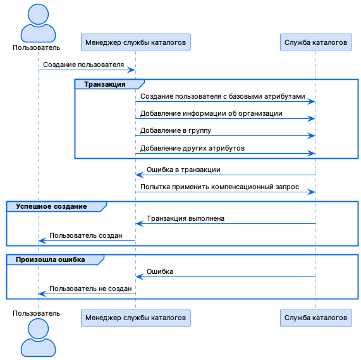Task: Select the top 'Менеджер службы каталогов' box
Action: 135,42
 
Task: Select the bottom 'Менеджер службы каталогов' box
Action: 135,317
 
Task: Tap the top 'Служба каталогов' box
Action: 315,42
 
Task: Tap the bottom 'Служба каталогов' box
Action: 315,317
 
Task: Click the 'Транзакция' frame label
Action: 105,84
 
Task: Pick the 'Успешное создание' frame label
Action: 51,206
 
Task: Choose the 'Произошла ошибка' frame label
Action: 50,259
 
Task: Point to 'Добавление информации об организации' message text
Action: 211,114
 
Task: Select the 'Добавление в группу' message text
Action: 176,131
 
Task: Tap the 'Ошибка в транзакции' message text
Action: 183,170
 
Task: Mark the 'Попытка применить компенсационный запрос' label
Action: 219,187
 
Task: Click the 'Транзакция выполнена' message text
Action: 185,218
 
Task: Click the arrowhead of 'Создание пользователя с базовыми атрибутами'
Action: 312,101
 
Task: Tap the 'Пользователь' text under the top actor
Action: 37,47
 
